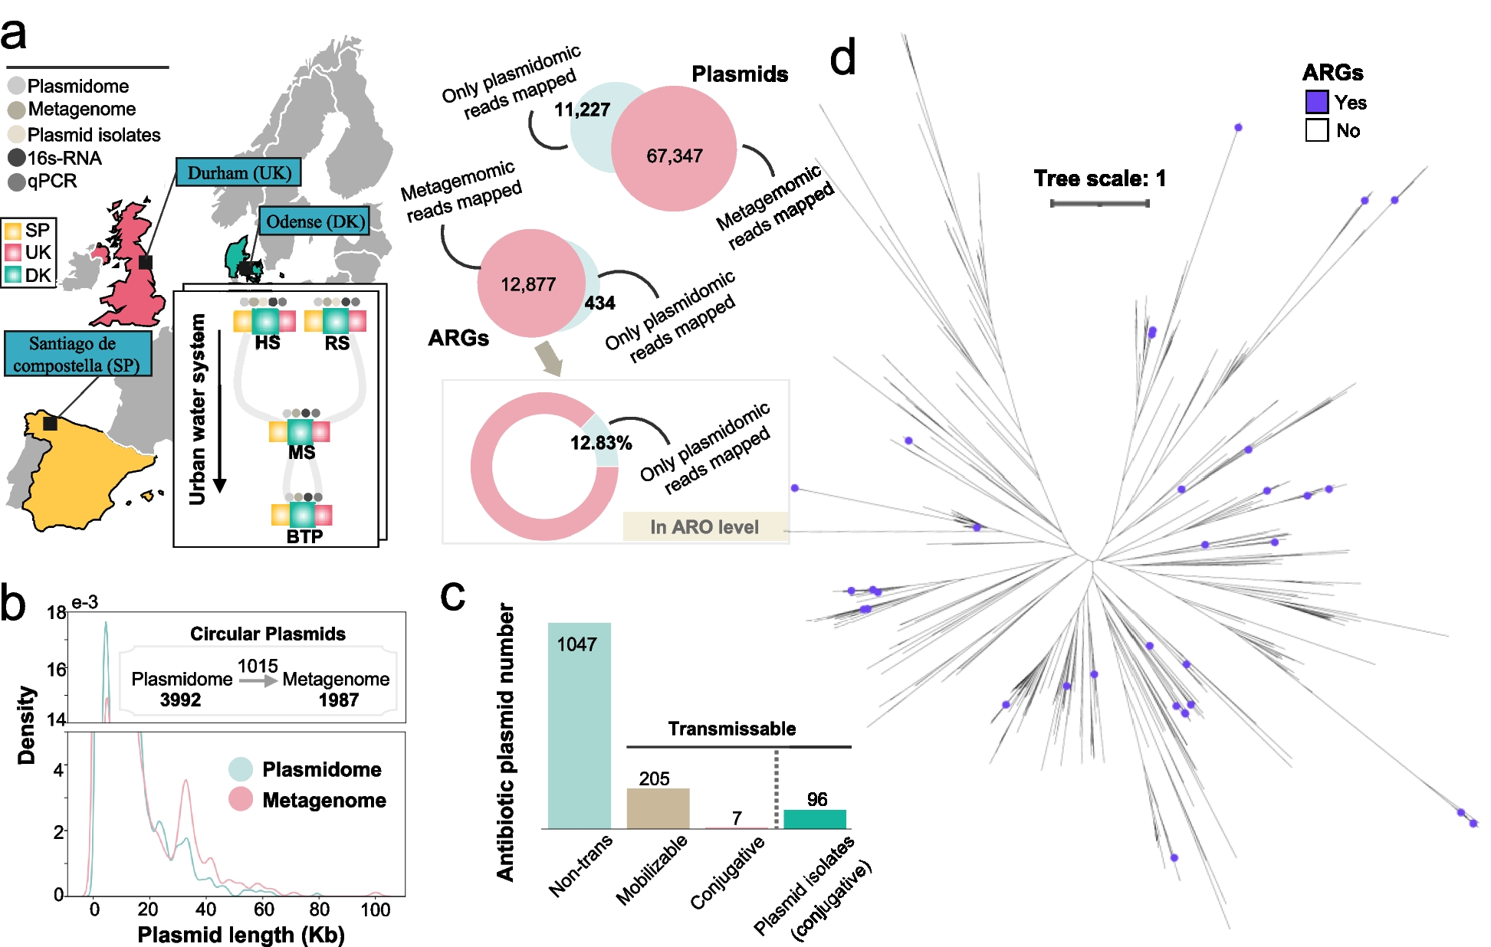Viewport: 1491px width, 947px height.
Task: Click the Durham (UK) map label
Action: (238, 172)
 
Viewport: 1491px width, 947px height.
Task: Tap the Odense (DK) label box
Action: (314, 221)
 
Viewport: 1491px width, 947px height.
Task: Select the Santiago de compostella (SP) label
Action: (77, 354)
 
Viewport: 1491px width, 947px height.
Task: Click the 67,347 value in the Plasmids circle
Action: (674, 156)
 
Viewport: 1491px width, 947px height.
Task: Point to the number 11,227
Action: (582, 110)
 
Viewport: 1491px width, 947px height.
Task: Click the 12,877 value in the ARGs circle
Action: (527, 285)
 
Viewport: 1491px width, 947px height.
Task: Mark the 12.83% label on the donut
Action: (600, 443)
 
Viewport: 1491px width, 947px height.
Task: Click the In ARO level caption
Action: (704, 527)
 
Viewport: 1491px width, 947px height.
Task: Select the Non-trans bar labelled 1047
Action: (579, 724)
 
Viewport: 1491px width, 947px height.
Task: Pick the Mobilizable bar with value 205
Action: (658, 808)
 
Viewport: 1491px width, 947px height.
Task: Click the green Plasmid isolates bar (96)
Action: (815, 818)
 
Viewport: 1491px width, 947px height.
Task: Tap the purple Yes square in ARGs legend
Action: (1316, 102)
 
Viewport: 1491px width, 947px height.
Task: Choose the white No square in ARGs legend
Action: (1316, 130)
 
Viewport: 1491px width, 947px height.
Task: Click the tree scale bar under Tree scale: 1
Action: (1099, 203)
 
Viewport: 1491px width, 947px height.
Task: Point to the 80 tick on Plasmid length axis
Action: (319, 909)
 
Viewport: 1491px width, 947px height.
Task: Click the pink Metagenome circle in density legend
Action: (241, 799)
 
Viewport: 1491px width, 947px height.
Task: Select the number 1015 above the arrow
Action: (257, 666)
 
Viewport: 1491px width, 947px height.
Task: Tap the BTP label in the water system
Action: (304, 536)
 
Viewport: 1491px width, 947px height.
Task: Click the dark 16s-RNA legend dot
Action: (16, 159)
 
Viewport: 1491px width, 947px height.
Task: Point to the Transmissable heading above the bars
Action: (731, 729)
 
